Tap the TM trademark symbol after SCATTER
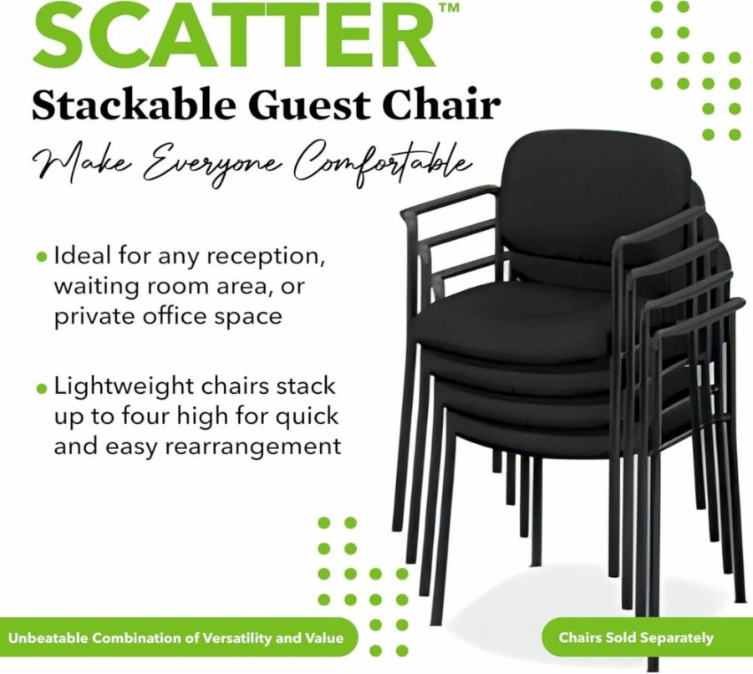click(449, 7)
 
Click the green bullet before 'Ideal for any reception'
click(43, 258)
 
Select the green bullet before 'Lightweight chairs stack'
click(43, 388)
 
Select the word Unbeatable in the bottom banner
click(48, 638)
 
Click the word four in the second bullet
click(146, 417)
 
